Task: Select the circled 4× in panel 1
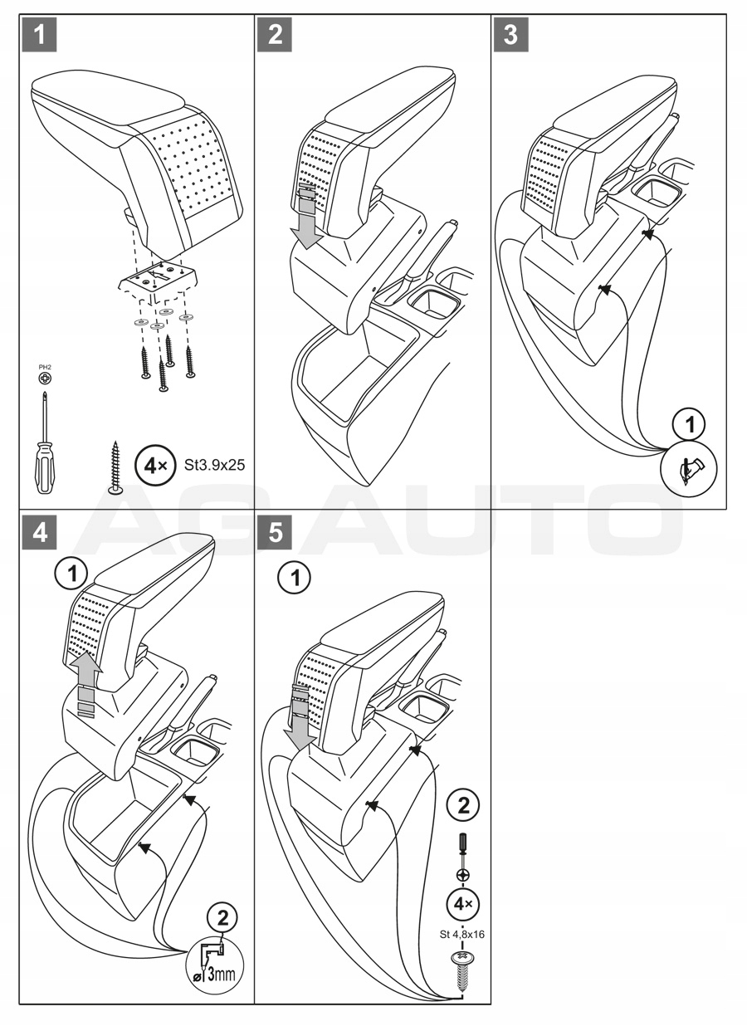point(155,465)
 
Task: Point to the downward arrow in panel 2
point(309,221)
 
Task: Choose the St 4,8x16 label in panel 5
point(461,934)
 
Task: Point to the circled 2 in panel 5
point(462,805)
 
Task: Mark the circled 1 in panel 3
point(688,425)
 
